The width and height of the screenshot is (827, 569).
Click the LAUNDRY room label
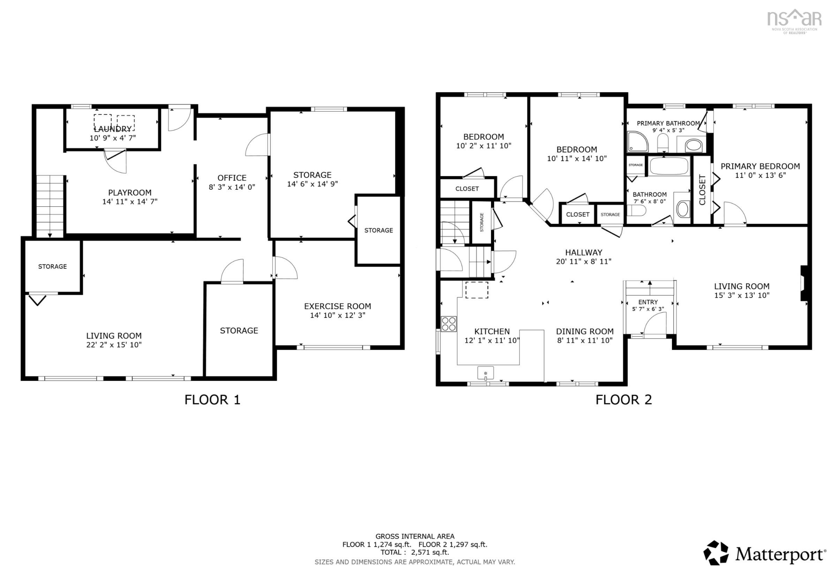[113, 129]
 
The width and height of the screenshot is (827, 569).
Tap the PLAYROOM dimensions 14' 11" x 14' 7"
[130, 201]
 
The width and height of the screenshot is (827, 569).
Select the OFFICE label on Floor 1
[232, 178]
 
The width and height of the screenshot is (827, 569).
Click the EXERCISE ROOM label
[337, 306]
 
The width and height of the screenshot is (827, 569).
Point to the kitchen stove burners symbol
[448, 324]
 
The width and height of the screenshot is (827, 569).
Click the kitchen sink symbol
[485, 373]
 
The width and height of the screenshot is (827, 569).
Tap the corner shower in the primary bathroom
[637, 141]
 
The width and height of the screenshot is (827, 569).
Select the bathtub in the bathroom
[668, 166]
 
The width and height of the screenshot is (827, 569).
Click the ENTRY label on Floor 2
[648, 302]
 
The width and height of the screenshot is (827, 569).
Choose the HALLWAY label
[584, 252]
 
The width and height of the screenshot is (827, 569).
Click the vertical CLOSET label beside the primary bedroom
[702, 190]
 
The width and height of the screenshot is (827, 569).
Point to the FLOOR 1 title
[212, 400]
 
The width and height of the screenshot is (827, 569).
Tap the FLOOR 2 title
[623, 400]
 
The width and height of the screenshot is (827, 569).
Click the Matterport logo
[764, 553]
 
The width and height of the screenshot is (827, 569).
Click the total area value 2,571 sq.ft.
[430, 552]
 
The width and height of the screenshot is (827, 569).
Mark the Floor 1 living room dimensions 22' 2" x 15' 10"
[114, 344]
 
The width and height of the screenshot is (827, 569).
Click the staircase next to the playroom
[50, 206]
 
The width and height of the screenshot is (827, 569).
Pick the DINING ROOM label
[585, 331]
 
